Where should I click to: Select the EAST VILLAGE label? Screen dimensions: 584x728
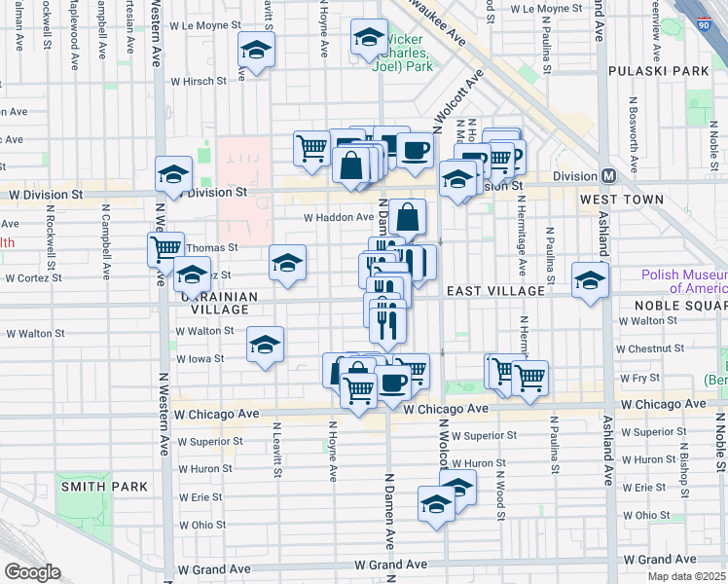coord(495,291)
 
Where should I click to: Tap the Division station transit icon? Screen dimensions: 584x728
coord(607,176)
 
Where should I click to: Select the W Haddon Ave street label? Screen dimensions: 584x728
coord(338,218)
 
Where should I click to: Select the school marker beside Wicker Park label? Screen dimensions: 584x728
coord(368,39)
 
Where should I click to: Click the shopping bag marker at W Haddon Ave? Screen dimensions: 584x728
coord(410,217)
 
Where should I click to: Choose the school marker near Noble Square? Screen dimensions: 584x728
coord(589,280)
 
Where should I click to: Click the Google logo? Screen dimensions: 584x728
coord(32,572)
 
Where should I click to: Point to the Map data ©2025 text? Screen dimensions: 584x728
coord(684,576)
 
